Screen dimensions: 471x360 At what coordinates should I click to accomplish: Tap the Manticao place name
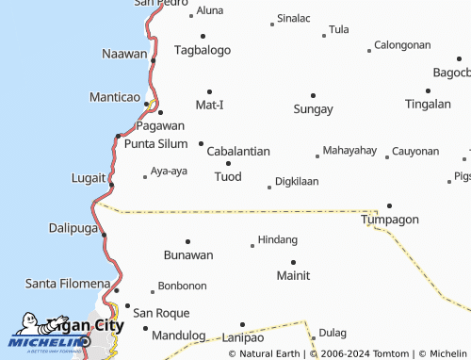(x=114, y=97)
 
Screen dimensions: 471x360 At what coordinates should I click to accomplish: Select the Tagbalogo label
(x=203, y=49)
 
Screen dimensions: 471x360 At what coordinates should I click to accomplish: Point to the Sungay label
(x=313, y=108)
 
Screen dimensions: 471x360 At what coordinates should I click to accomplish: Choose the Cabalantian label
(x=238, y=151)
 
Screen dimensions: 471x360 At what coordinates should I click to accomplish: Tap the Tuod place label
(x=228, y=176)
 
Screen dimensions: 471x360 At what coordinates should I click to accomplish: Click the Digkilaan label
(x=297, y=181)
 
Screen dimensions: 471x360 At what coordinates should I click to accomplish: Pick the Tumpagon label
(x=390, y=219)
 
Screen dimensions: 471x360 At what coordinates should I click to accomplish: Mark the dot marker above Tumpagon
(x=389, y=205)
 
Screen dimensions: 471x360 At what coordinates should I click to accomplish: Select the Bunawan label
(x=188, y=254)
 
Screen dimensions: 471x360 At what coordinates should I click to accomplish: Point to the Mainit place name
(x=293, y=275)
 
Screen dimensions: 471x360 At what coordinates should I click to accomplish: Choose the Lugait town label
(x=89, y=177)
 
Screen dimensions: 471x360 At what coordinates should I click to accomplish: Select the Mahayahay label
(x=349, y=150)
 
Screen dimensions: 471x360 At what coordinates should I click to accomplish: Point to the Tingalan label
(x=428, y=104)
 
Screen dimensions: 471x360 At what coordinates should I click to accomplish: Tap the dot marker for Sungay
(x=313, y=95)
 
